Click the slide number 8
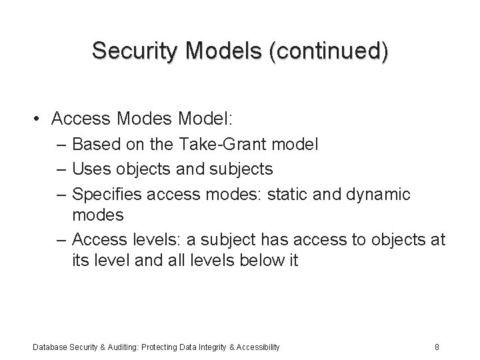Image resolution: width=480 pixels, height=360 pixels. tap(436, 347)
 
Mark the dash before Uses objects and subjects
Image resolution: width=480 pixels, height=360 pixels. tap(61, 169)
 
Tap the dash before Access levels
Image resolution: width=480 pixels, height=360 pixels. tap(61, 239)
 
